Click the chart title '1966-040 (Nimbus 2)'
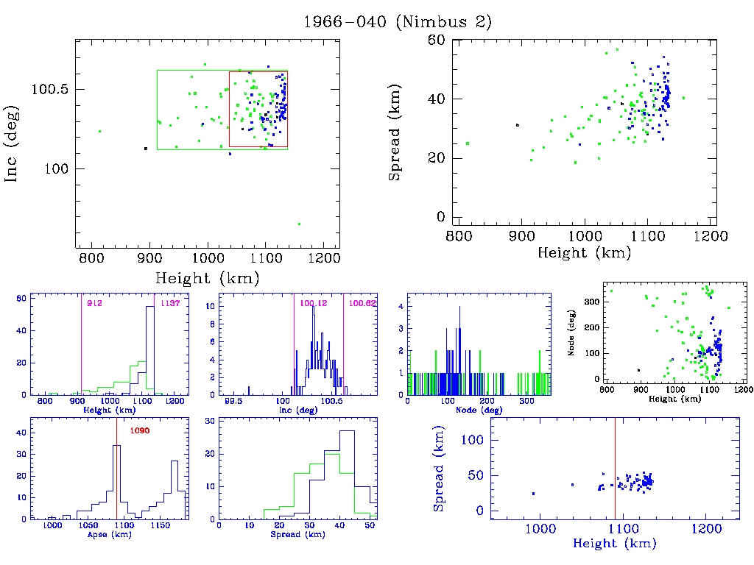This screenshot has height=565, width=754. (x=398, y=22)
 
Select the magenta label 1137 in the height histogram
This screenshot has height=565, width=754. (x=170, y=303)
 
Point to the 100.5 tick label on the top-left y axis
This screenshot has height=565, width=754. (x=49, y=89)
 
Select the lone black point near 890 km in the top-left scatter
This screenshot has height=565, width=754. (x=146, y=149)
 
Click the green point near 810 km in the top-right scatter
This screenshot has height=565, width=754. (x=467, y=143)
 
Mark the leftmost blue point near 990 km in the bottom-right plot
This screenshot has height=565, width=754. (x=533, y=494)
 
